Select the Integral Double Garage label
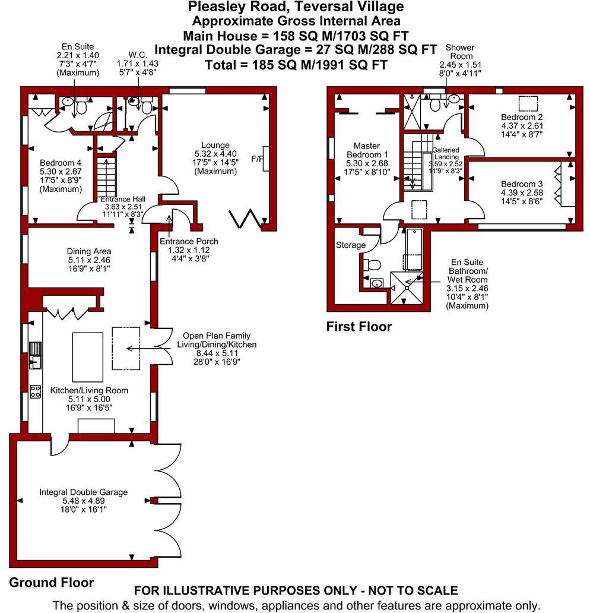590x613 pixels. click(x=83, y=492)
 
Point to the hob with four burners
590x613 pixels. click(x=35, y=391)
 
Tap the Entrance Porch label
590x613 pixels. click(x=189, y=241)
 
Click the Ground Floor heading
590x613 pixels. click(x=51, y=582)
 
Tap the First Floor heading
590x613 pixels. click(x=359, y=327)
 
